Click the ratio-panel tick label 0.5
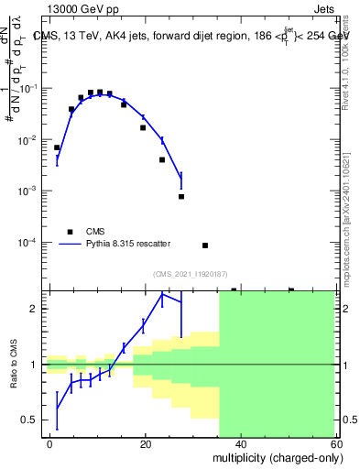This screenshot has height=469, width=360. (30, 420)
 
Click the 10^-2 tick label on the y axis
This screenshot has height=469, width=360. (28, 139)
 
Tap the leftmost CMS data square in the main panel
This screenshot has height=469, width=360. (57, 147)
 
